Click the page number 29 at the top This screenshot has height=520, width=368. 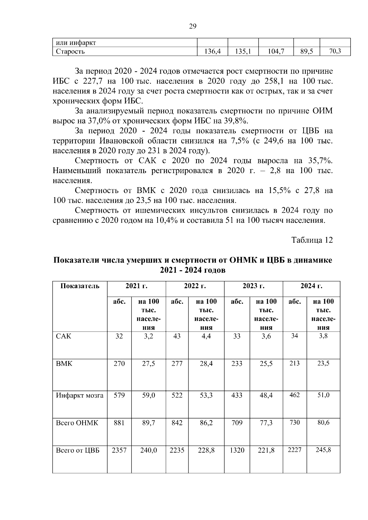tap(192, 26)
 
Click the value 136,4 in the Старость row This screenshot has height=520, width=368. tap(213, 51)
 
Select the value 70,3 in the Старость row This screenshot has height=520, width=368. tap(335, 51)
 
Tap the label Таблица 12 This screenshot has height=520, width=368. tap(312, 240)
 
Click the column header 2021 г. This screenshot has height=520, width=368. tap(136, 286)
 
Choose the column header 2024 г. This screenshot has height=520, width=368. tap(311, 286)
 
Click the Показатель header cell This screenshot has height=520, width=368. tap(80, 286)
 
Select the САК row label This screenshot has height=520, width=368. tap(63, 336)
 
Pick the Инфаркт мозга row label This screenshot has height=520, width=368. tap(80, 395)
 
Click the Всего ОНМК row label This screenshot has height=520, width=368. tap(77, 423)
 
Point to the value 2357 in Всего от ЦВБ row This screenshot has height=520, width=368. tap(119, 450)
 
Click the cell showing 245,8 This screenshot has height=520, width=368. tap(323, 450)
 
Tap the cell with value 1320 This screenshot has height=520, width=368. tap(237, 450)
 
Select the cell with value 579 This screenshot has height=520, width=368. tap(119, 395)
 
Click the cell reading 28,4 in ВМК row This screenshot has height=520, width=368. tap(206, 364)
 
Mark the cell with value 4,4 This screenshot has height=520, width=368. tap(206, 336)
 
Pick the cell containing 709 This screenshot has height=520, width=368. tap(237, 423)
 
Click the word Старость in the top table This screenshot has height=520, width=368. tap(70, 51)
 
